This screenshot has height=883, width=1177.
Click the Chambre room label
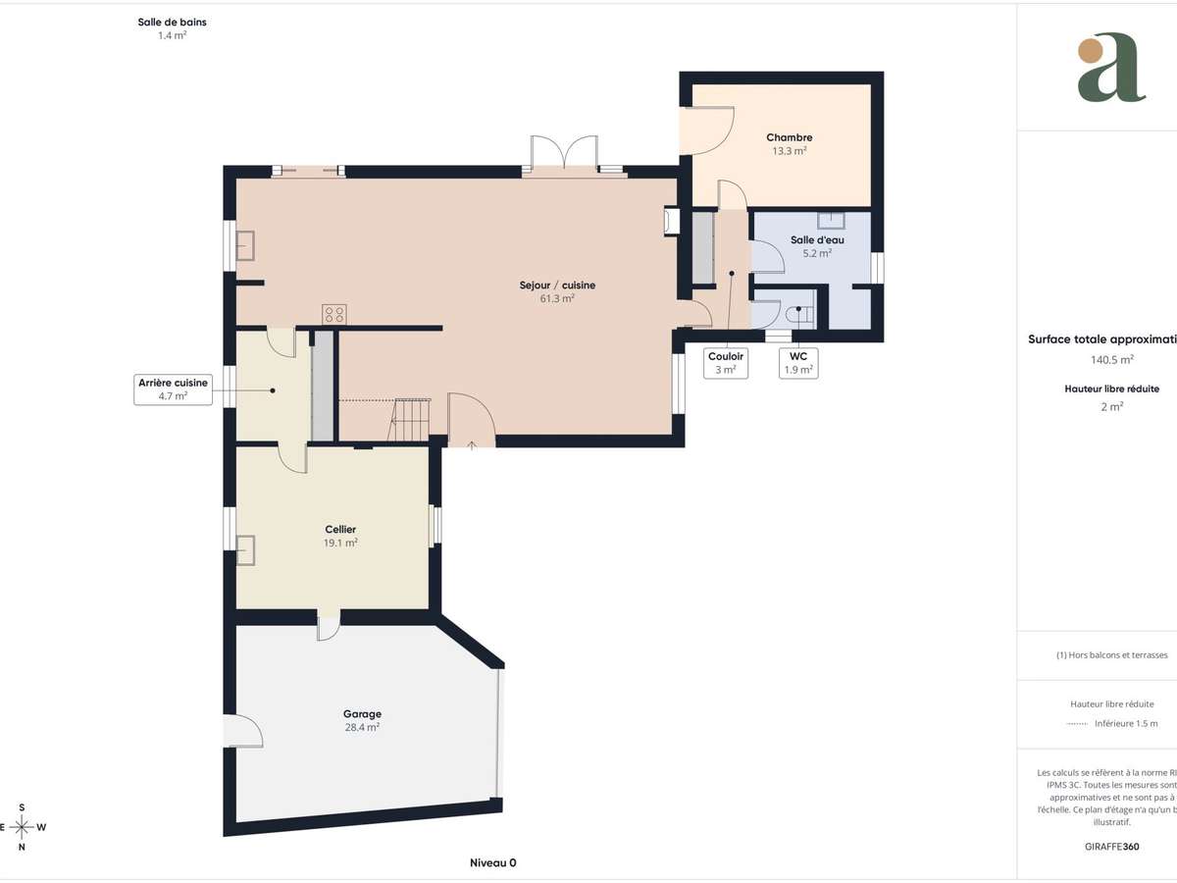tap(789, 144)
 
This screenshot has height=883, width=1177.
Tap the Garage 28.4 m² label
tap(361, 720)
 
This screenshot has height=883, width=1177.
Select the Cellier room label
tap(339, 536)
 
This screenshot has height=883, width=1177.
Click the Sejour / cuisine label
tap(556, 291)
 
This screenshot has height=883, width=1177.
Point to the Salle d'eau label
tap(816, 245)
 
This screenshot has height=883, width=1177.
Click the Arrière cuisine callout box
tap(173, 390)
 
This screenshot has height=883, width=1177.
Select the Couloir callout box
tap(726, 363)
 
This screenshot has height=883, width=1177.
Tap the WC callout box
tap(797, 363)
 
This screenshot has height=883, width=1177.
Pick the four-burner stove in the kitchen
tap(333, 314)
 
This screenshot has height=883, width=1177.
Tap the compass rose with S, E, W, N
tap(22, 827)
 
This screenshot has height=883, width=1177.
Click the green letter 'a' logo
tap(1110, 68)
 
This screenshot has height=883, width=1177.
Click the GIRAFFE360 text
tap(1112, 845)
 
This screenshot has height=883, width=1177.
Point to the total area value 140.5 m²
tap(1111, 359)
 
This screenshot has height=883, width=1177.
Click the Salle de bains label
tap(173, 27)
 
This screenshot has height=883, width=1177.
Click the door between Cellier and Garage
tap(328, 625)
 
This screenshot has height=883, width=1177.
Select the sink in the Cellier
tap(246, 550)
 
